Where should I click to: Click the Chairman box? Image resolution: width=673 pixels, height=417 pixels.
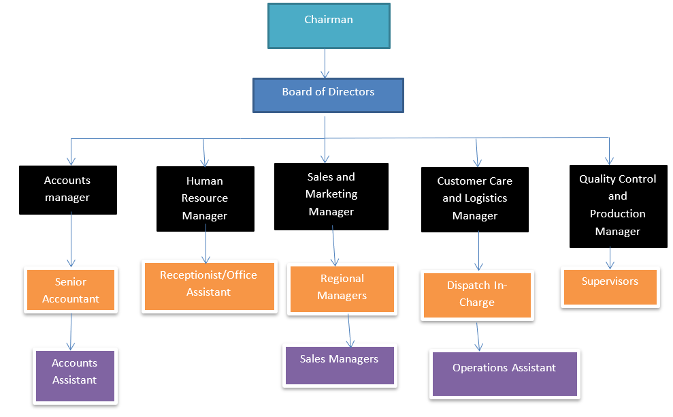[329, 26]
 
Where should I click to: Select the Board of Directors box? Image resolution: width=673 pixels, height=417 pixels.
[328, 95]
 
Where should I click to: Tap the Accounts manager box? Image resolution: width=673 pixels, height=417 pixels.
[67, 190]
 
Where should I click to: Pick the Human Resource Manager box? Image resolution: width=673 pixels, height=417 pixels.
[205, 199]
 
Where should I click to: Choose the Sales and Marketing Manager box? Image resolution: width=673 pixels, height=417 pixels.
[331, 196]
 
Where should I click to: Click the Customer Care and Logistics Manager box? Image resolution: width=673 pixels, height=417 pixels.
[474, 199]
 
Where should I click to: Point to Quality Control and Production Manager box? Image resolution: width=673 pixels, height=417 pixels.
[617, 205]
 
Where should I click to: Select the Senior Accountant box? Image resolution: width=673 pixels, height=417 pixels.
[71, 290]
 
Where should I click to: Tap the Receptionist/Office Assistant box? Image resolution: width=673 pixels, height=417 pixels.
[209, 286]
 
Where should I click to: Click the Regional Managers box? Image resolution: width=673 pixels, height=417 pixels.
[342, 289]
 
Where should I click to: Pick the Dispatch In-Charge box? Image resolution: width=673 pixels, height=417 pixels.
[476, 295]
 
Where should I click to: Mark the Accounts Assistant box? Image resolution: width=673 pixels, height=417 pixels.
[75, 375]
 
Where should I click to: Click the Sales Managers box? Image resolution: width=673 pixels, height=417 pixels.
[339, 365]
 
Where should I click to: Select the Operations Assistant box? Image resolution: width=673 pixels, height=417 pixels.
[504, 373]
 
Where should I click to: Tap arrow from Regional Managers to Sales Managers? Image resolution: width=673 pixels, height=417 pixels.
[350, 330]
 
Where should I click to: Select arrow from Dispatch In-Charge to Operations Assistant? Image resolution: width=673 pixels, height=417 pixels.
[479, 336]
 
